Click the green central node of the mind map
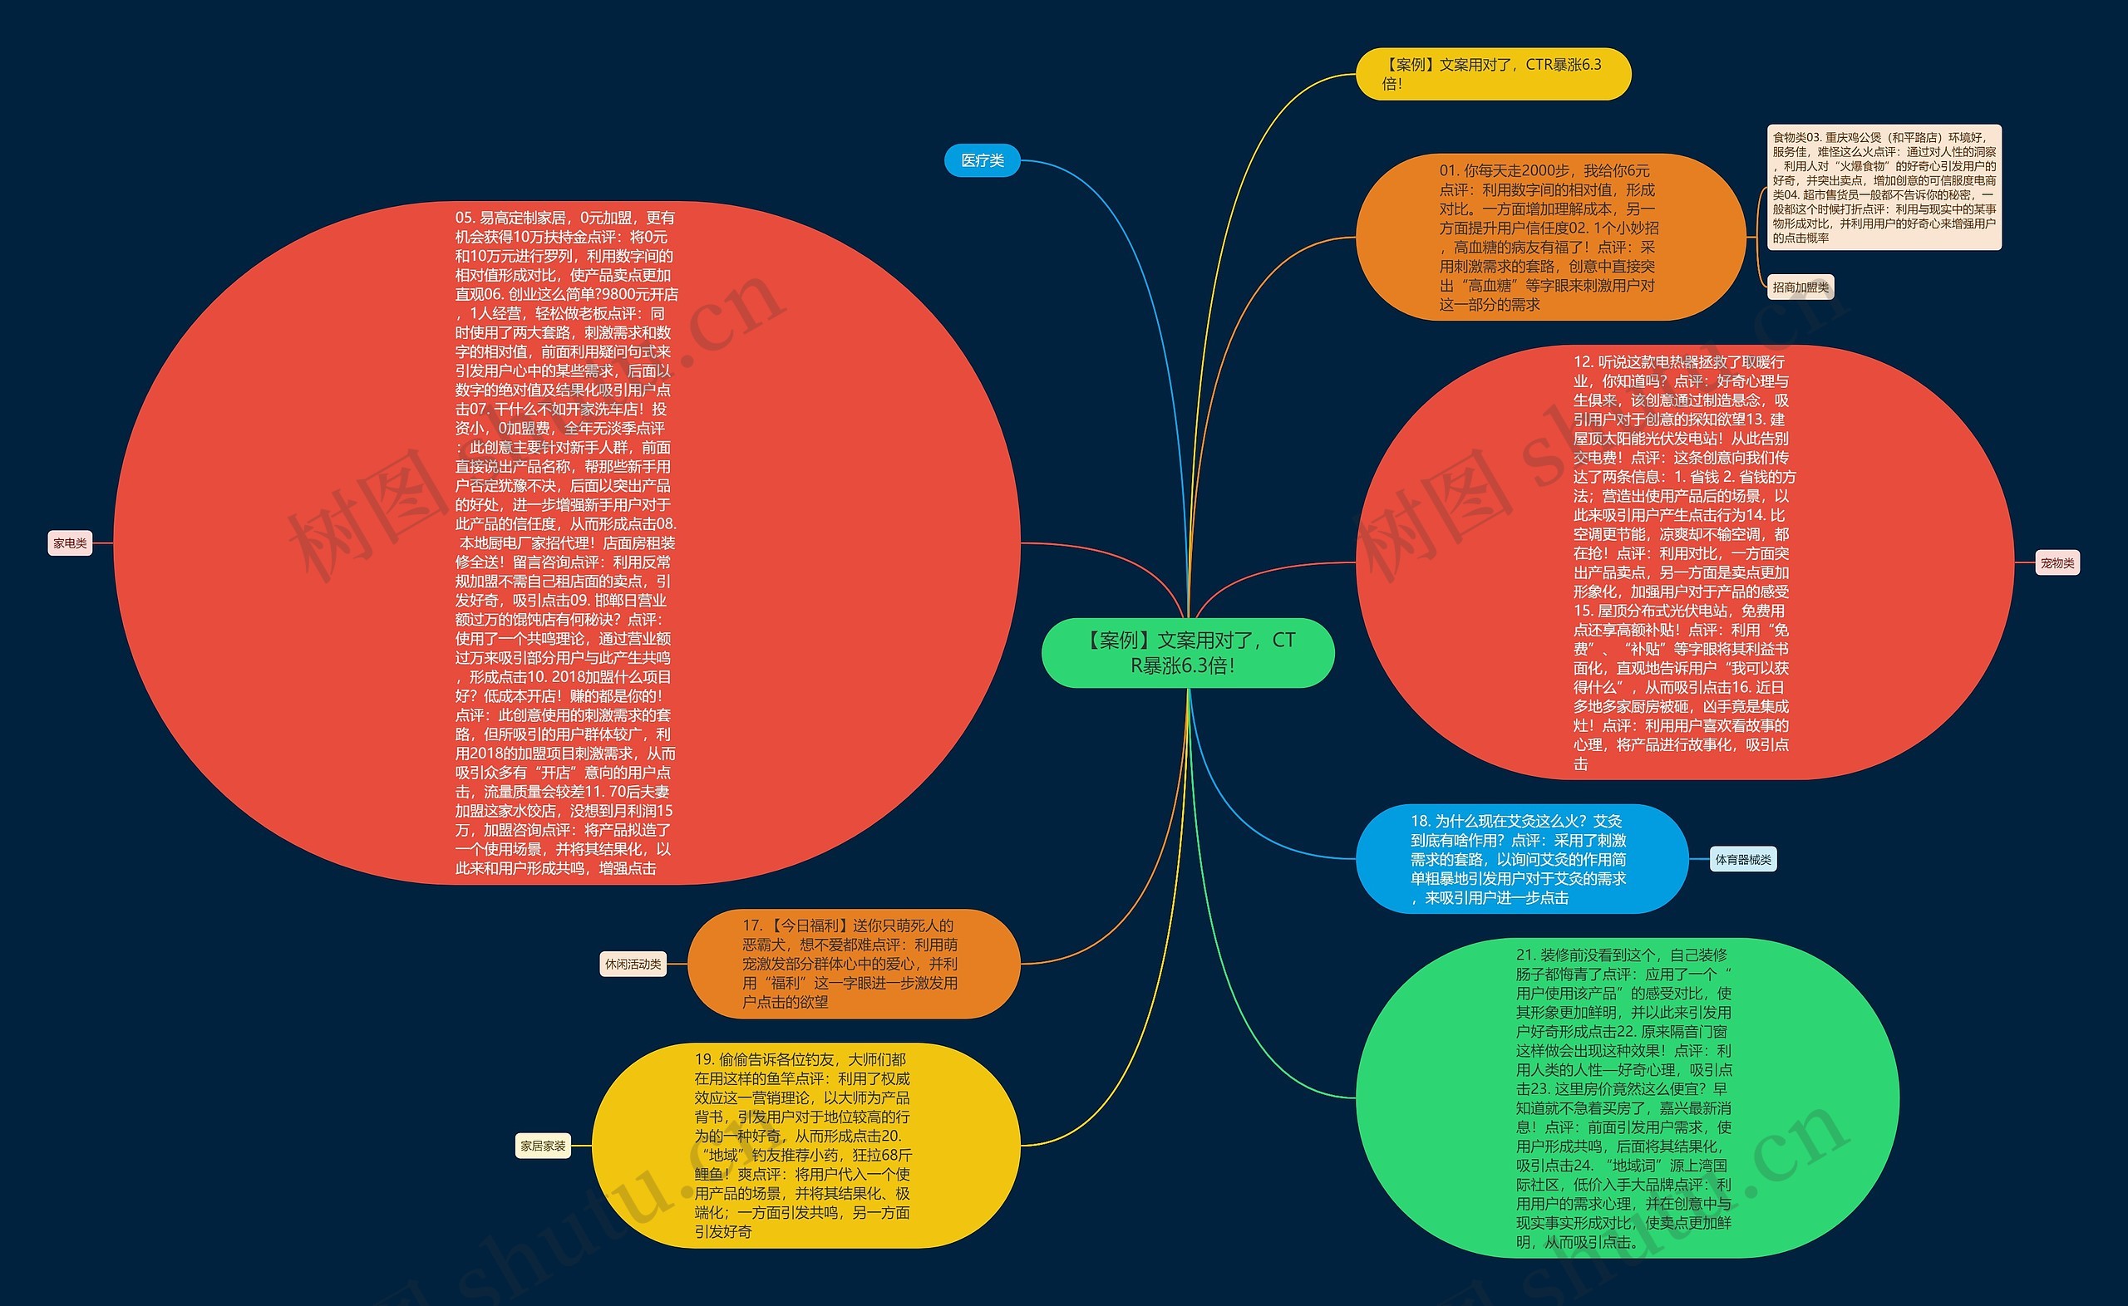click(x=1187, y=652)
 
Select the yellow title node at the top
click(x=1492, y=73)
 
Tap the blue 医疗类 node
click(x=982, y=160)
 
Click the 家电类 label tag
click(x=70, y=543)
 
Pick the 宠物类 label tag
click(x=2057, y=563)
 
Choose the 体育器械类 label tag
click(x=1742, y=859)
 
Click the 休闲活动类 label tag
click(x=633, y=964)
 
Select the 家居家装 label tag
click(x=543, y=1146)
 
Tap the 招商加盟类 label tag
click(x=1800, y=287)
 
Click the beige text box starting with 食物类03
click(x=1884, y=188)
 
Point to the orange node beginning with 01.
click(x=1549, y=237)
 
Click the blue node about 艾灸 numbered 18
click(x=1520, y=858)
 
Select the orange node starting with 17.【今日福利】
click(x=854, y=963)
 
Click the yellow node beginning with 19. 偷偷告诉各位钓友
click(x=805, y=1146)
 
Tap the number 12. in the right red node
click(x=1583, y=362)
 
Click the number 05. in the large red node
click(x=465, y=218)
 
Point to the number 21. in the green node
click(x=1526, y=955)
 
